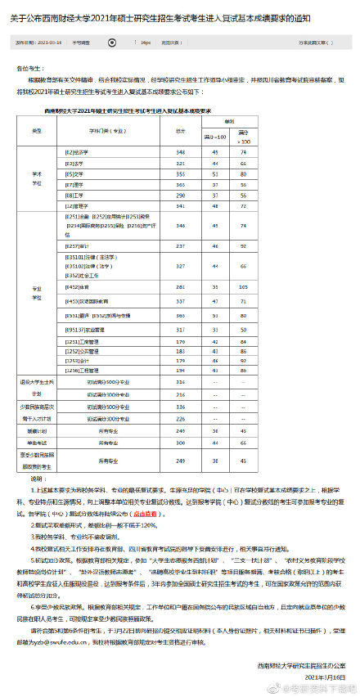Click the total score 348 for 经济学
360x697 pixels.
pyautogui.click(x=180, y=152)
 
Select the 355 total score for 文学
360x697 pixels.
pyautogui.click(x=180, y=173)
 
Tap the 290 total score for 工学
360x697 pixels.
pyautogui.click(x=180, y=195)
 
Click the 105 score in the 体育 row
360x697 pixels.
pyautogui.click(x=244, y=287)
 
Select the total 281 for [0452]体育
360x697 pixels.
pyautogui.click(x=180, y=287)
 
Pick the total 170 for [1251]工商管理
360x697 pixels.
pyautogui.click(x=180, y=340)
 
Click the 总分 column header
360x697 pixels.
pyautogui.click(x=180, y=131)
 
